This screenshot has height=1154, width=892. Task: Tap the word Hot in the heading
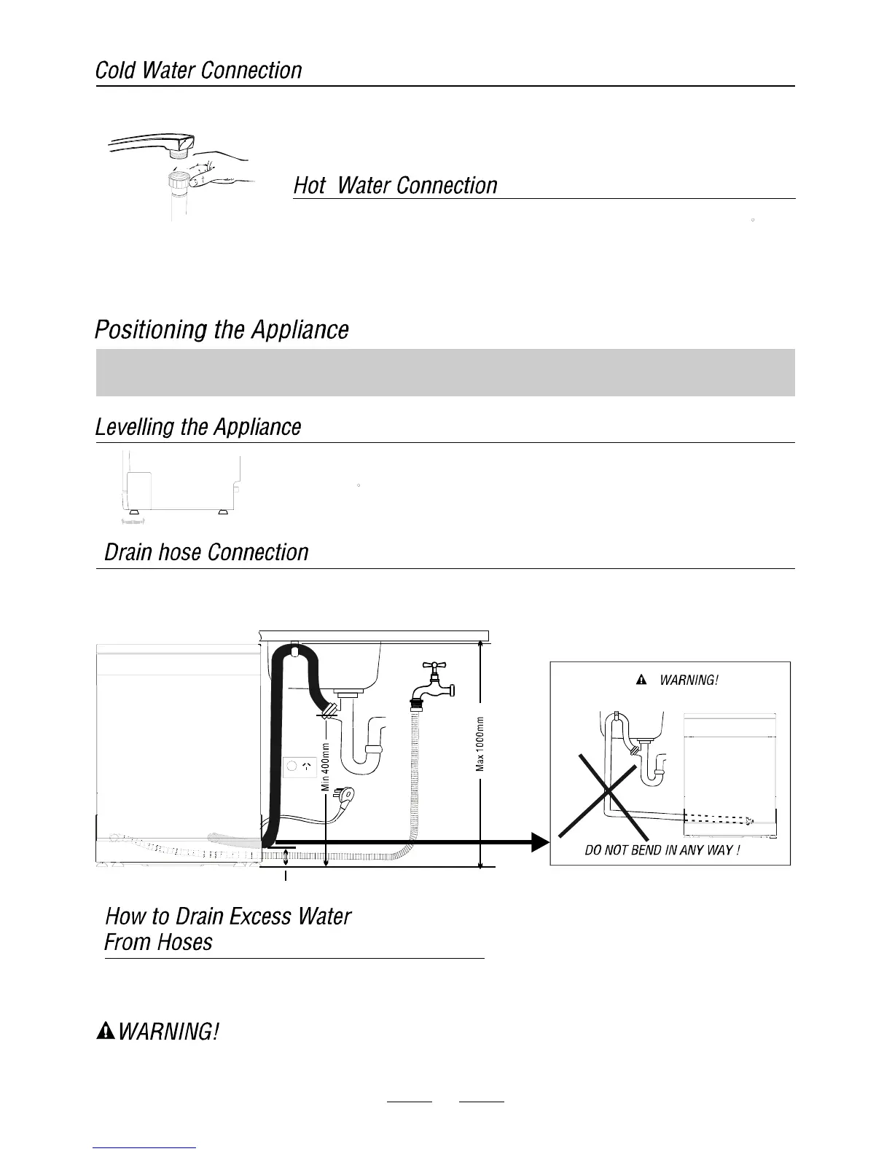310,186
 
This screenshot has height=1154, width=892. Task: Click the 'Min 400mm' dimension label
326,765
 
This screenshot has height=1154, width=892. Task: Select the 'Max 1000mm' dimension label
480,744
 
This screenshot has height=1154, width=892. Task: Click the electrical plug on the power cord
344,795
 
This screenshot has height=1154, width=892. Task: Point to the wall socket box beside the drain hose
300,766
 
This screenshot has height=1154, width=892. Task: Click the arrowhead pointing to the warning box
539,842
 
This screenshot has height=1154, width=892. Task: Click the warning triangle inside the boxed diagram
641,680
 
